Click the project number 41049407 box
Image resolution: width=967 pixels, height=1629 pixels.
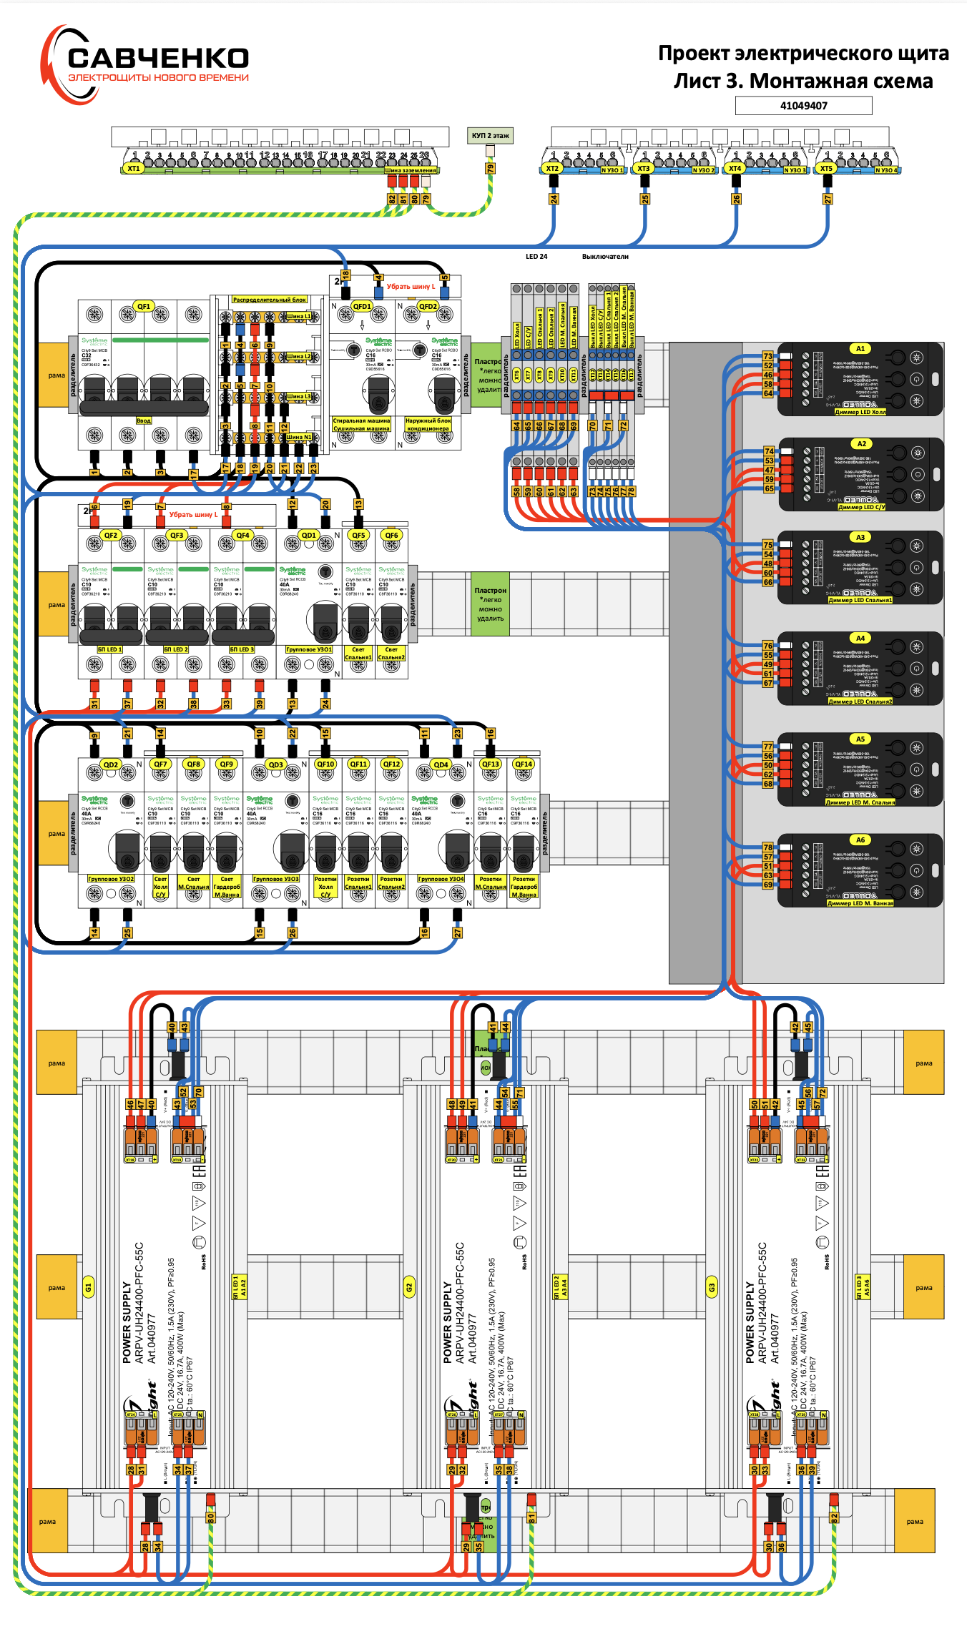(803, 106)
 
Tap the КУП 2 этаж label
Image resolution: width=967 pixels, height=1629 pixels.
(490, 135)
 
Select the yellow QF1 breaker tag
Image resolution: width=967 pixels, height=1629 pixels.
(144, 306)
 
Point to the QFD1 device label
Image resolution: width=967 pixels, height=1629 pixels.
(362, 306)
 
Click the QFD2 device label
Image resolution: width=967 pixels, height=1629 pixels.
(428, 306)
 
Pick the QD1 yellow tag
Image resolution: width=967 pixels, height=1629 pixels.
(308, 535)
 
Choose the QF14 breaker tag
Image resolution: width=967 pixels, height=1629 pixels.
(524, 764)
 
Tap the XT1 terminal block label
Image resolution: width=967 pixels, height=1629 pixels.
(133, 169)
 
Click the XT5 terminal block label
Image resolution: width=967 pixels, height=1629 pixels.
(826, 169)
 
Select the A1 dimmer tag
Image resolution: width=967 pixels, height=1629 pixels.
(860, 349)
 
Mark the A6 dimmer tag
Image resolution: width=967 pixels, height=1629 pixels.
(860, 840)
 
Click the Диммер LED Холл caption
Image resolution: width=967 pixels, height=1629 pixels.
(860, 412)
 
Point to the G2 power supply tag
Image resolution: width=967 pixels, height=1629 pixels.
(409, 1287)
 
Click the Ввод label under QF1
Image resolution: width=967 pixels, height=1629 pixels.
(144, 420)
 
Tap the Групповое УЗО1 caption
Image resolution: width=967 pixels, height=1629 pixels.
(309, 649)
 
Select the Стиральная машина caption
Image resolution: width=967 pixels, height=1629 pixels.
(361, 420)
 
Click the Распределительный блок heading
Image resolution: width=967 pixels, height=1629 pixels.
(270, 300)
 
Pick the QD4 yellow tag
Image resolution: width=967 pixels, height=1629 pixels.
(441, 764)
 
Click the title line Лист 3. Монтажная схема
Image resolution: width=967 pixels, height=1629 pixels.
(803, 81)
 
